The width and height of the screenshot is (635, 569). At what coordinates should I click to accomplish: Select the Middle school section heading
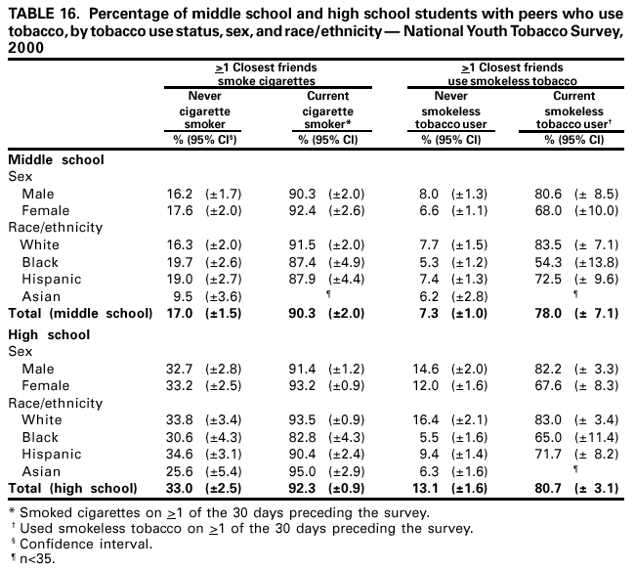[x=56, y=159]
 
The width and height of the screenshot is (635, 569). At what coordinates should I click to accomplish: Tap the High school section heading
[x=49, y=334]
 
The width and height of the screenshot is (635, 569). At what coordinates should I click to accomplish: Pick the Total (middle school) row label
[x=80, y=313]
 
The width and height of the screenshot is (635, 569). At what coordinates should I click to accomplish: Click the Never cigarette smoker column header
[x=206, y=110]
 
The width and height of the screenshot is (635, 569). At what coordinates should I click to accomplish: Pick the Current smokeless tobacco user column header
[x=573, y=110]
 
